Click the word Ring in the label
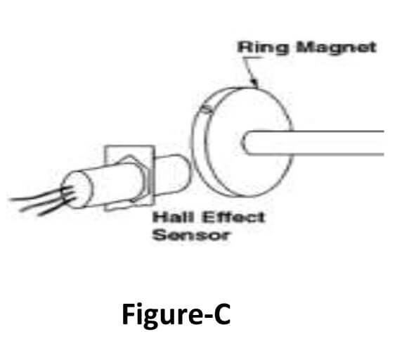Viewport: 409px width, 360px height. pyautogui.click(x=264, y=49)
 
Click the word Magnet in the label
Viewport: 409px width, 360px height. pyautogui.click(x=337, y=48)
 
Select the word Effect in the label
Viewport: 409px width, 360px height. pyautogui.click(x=233, y=217)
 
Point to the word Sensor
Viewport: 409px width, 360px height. pyautogui.click(x=191, y=235)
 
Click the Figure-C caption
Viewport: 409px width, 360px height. pyautogui.click(x=176, y=314)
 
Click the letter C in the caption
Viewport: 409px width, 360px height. pyautogui.click(x=222, y=314)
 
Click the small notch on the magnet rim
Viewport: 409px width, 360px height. pyautogui.click(x=207, y=109)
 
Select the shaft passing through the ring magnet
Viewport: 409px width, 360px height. pyautogui.click(x=313, y=143)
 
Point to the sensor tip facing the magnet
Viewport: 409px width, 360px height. pyautogui.click(x=186, y=172)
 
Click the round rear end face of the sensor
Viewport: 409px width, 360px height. pyautogui.click(x=76, y=189)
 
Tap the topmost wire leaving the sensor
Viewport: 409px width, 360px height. pyautogui.click(x=39, y=195)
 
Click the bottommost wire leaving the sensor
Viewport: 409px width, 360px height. pyautogui.click(x=56, y=207)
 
